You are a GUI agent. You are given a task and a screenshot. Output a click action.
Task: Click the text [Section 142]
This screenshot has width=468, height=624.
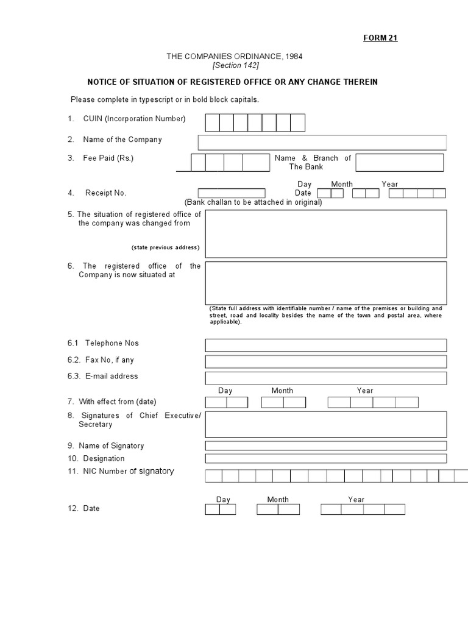point(235,66)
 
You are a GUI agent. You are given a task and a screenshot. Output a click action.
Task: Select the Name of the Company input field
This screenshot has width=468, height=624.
point(322,143)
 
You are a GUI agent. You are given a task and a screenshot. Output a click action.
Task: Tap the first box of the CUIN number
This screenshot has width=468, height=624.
point(212,123)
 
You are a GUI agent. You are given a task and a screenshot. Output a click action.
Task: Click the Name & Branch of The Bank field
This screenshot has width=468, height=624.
point(400,163)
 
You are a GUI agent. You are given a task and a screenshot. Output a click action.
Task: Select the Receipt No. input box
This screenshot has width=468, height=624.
point(232,193)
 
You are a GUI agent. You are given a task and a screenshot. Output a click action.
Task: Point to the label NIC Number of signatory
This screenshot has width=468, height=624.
point(121,471)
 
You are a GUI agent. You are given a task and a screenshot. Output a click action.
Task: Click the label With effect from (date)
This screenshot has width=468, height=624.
point(117,402)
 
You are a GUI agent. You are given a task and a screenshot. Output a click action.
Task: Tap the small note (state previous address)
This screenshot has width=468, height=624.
point(165,248)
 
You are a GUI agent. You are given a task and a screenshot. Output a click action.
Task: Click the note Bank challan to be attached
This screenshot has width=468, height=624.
point(253,202)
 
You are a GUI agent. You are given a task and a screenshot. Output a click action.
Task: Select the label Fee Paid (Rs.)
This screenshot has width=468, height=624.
point(108,158)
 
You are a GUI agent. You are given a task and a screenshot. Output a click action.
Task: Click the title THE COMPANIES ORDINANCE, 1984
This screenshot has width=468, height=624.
point(235,57)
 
